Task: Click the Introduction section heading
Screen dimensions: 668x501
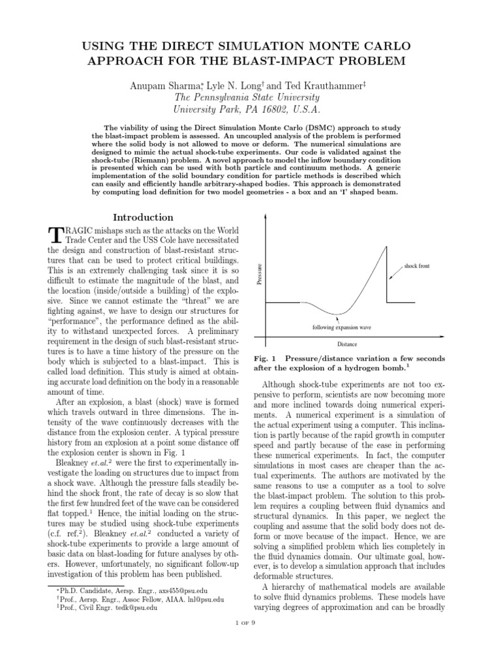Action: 143,217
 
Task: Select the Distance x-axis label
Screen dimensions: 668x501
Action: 346,344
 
